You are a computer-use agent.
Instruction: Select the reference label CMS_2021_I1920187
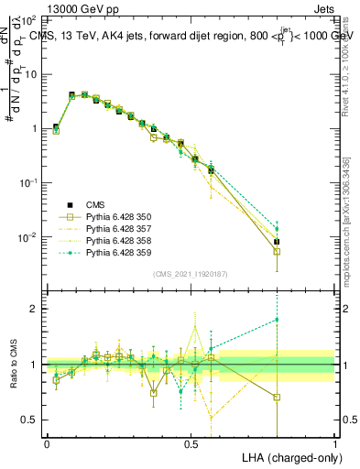click(191, 274)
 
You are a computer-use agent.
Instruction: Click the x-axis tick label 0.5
click(191, 443)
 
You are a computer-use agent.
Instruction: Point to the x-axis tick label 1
click(334, 443)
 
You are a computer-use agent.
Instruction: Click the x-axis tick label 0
click(47, 443)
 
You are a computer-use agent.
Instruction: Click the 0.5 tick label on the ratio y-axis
click(32, 420)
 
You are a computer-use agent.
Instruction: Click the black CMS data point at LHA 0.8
click(277, 242)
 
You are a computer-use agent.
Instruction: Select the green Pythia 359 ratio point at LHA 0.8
click(277, 320)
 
